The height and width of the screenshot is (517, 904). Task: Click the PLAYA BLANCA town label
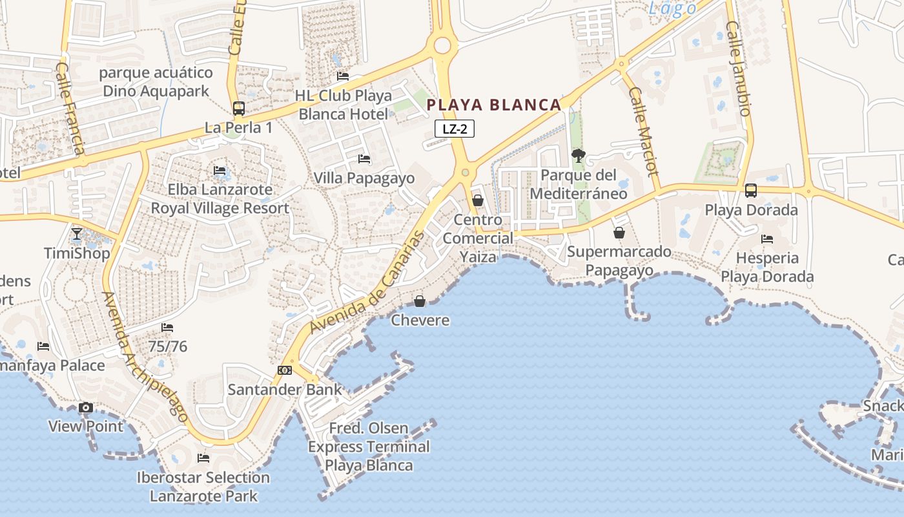[x=494, y=105]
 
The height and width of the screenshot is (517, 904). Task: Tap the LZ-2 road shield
[x=455, y=129]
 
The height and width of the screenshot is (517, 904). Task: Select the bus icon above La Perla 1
[x=239, y=109]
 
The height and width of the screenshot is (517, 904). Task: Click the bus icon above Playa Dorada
[x=750, y=191]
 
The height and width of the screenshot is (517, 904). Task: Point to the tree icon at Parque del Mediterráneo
[x=579, y=155]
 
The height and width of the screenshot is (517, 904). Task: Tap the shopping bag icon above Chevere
[x=420, y=301]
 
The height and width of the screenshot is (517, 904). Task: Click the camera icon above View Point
[x=85, y=408]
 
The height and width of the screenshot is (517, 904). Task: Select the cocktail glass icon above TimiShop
[x=77, y=233]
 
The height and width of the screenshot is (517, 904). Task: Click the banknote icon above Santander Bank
[x=285, y=370]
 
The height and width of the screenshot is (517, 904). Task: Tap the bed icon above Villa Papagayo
[x=364, y=158]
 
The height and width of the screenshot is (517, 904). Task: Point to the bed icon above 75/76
[x=167, y=328]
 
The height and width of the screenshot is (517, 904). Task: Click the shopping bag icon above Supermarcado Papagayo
[x=619, y=233]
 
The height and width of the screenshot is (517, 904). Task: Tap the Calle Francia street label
[x=71, y=108]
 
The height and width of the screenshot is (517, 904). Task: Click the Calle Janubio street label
[x=739, y=69]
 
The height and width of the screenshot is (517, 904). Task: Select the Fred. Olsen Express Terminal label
[x=369, y=447]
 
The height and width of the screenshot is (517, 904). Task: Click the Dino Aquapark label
[x=156, y=81]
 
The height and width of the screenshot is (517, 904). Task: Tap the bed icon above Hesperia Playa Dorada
[x=767, y=239]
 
